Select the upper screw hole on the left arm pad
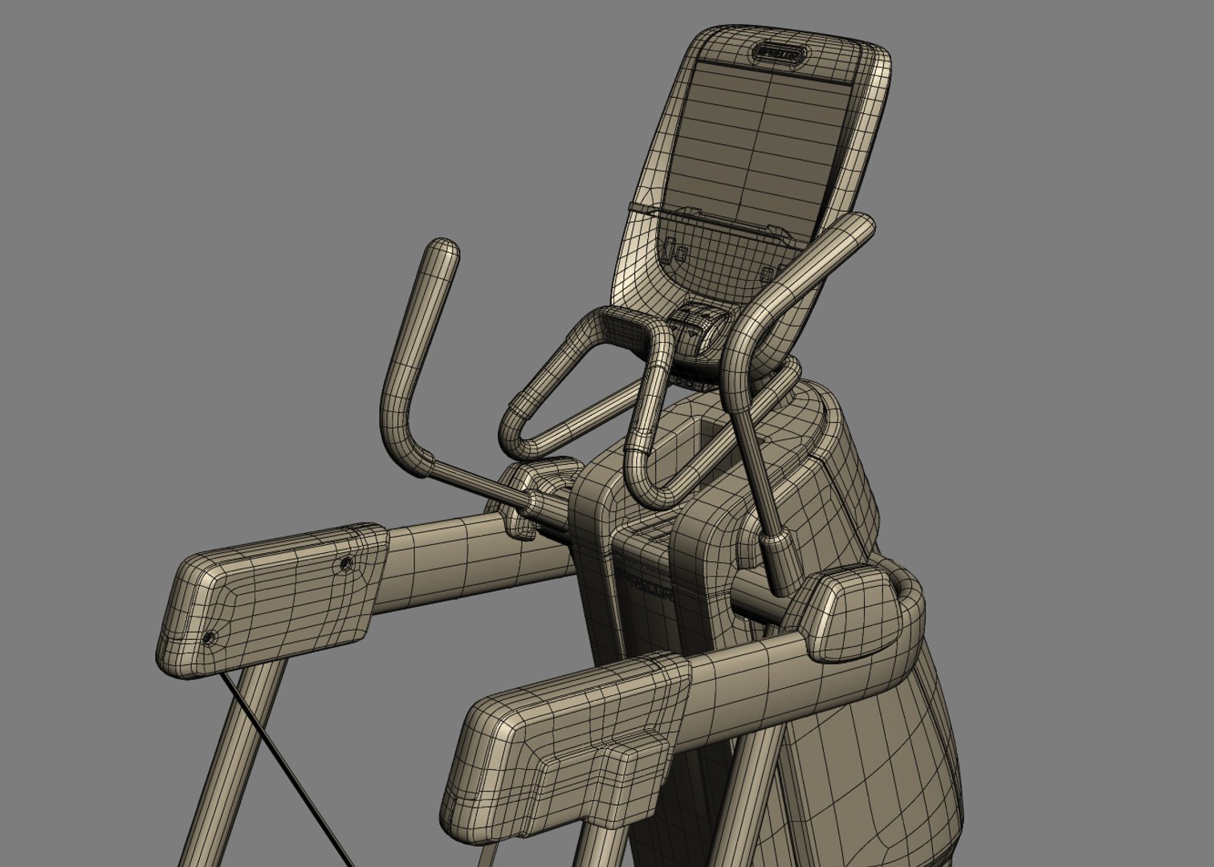pos(346,564)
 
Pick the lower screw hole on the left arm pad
pos(209,638)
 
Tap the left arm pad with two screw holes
pos(273,594)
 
